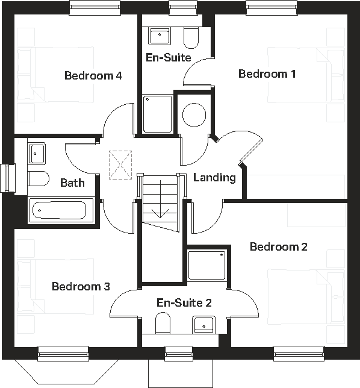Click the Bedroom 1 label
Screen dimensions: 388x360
267,74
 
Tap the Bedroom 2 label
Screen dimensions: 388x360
279,247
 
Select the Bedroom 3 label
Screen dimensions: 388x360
81,286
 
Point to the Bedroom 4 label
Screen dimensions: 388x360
93,76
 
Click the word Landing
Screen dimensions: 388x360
214,178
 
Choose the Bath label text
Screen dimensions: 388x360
72,183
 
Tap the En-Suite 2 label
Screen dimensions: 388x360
184,302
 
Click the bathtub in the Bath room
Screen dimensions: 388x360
58,211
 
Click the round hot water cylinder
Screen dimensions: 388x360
194,114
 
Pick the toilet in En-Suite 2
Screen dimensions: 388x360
163,325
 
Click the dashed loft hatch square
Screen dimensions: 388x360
120,164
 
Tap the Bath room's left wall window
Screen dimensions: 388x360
8,178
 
